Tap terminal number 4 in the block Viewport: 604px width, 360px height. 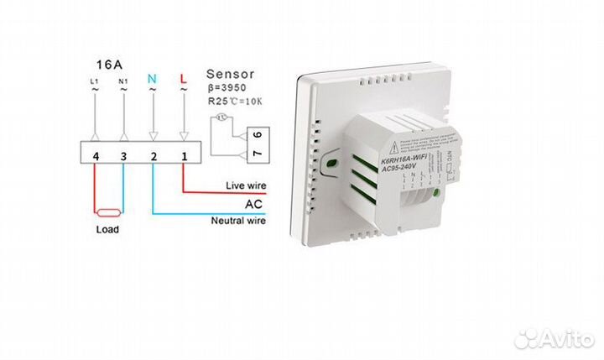(96, 156)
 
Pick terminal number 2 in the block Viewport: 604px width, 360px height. (154, 156)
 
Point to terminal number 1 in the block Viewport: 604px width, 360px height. (183, 156)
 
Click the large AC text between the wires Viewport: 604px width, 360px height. (255, 203)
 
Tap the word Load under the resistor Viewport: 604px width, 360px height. (108, 229)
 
